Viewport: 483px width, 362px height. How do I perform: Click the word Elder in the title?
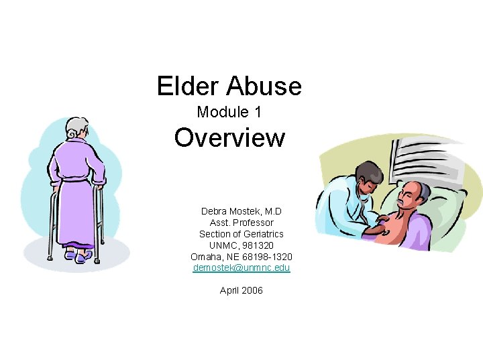189,86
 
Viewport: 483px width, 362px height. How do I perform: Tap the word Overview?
229,138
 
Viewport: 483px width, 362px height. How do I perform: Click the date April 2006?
241,290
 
